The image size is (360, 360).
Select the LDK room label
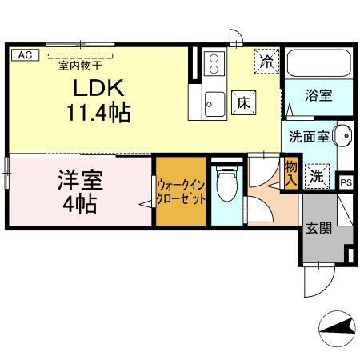96,87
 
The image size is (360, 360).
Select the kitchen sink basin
214,102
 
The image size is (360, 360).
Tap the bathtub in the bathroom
318,65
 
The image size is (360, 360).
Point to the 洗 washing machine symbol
318,177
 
